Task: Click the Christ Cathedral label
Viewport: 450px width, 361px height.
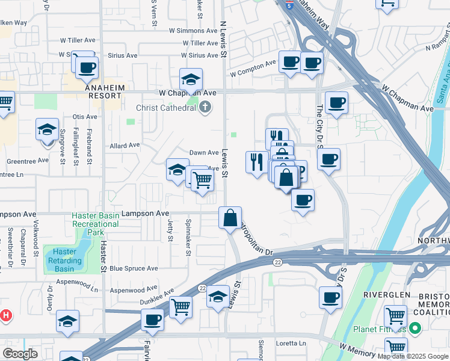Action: [x=166, y=108]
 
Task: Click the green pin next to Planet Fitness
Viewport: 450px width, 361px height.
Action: [x=415, y=329]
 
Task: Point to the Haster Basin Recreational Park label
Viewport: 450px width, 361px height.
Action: [x=95, y=224]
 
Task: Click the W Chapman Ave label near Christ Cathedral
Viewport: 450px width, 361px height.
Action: [x=187, y=93]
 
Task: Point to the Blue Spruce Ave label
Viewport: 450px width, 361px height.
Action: [x=134, y=268]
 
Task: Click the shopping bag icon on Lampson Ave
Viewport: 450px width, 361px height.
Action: [x=230, y=217]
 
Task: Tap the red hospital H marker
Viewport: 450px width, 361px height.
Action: [x=5, y=314]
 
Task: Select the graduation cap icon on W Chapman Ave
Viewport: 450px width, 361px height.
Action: [x=191, y=79]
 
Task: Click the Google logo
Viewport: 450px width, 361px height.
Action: [x=20, y=354]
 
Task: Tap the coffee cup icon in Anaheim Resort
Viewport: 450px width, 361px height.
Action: [x=87, y=67]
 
